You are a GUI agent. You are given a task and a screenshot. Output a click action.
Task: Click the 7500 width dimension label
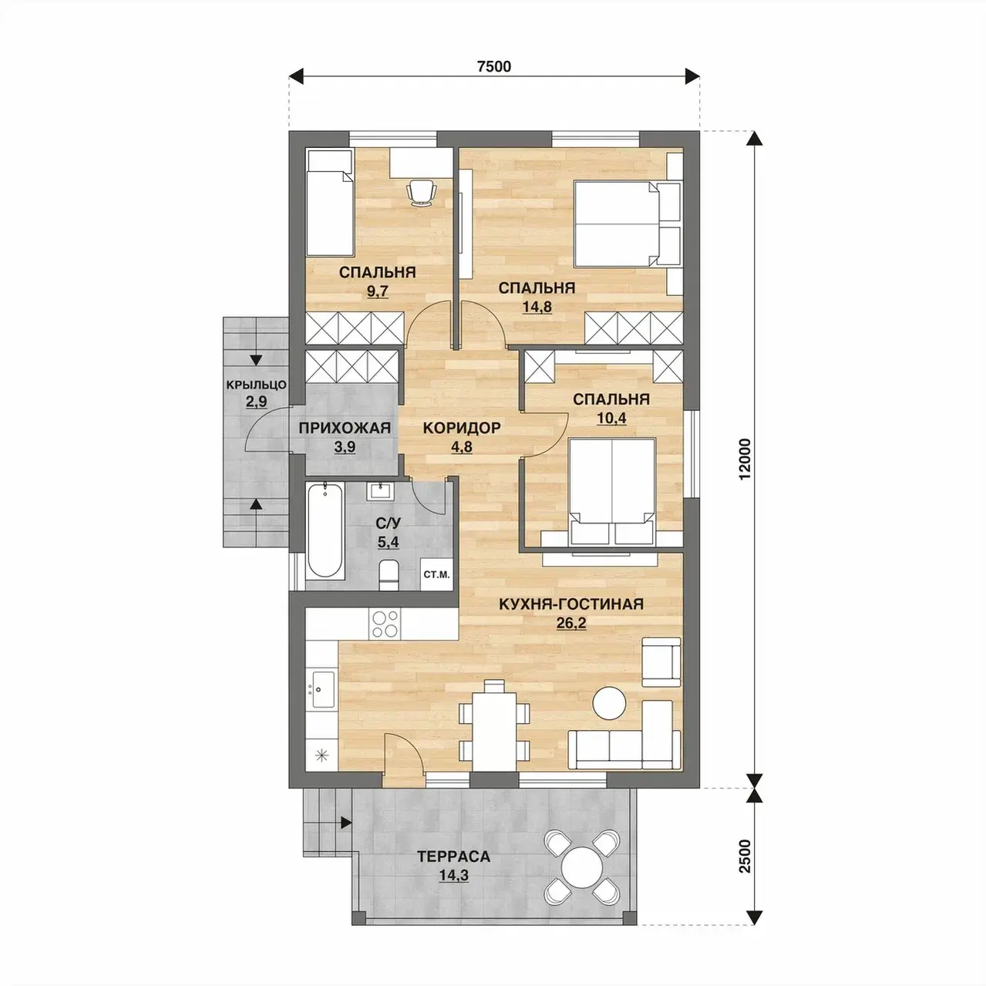[x=493, y=66]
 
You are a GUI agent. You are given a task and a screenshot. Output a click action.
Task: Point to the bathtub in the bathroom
[x=325, y=531]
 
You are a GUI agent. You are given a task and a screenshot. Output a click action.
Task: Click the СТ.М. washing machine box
[x=436, y=574]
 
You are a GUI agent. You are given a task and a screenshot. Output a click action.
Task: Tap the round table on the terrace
[x=582, y=867]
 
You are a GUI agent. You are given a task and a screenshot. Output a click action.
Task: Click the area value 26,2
[x=571, y=623]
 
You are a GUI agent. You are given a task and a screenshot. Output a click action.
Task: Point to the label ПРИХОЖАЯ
[x=345, y=428]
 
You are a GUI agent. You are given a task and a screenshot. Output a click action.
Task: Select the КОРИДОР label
[x=462, y=428]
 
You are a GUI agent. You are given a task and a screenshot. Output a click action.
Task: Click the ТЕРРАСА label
[x=453, y=856]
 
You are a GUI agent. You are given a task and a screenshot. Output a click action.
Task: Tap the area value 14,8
[x=537, y=307]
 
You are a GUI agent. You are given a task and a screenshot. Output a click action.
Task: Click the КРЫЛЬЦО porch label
[x=256, y=384]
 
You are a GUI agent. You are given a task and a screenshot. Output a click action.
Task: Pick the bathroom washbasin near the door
[x=379, y=491]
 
